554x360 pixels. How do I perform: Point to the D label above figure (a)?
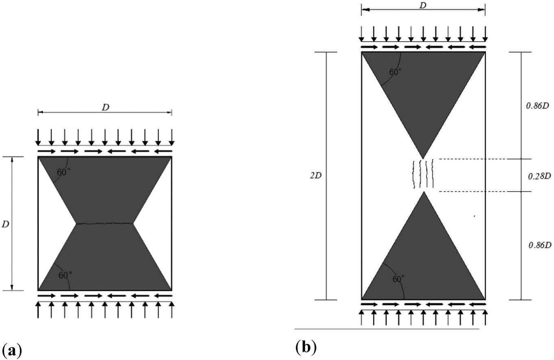(x=106, y=107)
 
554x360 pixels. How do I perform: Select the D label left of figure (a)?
(x=5, y=224)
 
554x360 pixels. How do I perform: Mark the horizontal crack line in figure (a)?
(x=105, y=223)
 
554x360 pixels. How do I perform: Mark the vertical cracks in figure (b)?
(x=423, y=174)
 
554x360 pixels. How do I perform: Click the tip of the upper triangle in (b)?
(x=423, y=158)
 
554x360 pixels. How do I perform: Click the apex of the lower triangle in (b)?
(x=423, y=192)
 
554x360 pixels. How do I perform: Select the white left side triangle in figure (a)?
(x=51, y=224)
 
